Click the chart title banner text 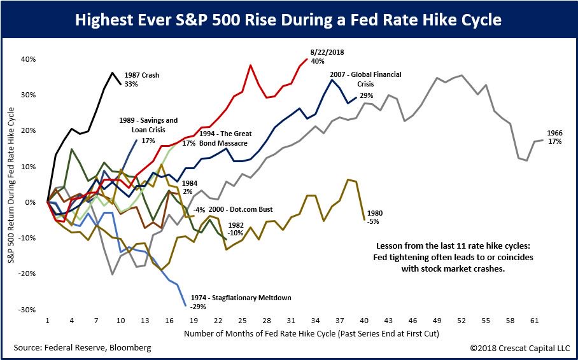(x=288, y=20)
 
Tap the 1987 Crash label (x=142, y=75)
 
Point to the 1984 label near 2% (x=190, y=183)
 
